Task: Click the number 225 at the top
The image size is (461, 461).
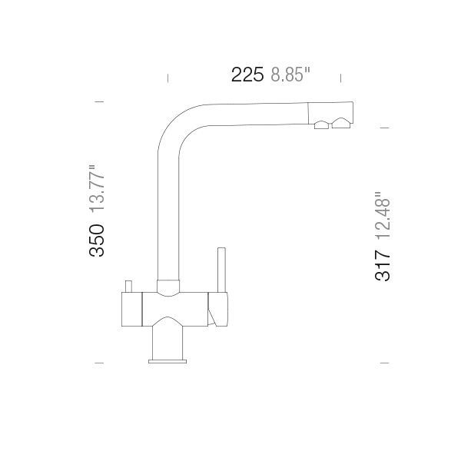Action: (247, 75)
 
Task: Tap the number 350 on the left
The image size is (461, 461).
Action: (97, 240)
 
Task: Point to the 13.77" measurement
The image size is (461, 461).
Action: (97, 188)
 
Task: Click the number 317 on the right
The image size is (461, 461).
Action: (382, 266)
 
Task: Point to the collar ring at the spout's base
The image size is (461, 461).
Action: (169, 287)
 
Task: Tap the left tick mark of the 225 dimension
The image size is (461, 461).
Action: (167, 77)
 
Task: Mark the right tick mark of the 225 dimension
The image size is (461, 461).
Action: (340, 77)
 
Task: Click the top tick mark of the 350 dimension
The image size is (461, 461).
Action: (98, 101)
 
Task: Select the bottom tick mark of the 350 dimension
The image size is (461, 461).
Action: (98, 361)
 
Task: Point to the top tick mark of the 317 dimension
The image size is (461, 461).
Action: (384, 127)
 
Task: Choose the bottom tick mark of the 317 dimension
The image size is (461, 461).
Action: (384, 361)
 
